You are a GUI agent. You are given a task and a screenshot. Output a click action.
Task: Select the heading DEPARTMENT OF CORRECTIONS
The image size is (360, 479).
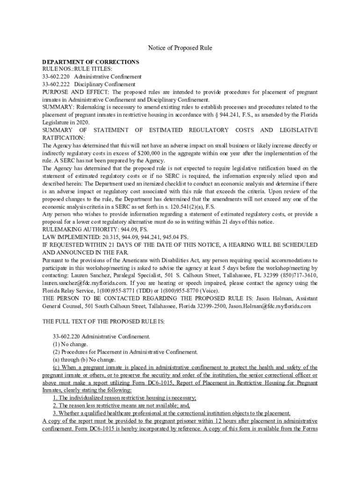pyautogui.click(x=91, y=62)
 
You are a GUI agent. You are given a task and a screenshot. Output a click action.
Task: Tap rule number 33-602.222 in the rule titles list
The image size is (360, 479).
pyautogui.click(x=56, y=84)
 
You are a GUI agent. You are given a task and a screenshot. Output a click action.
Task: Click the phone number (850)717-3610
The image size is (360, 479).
pyautogui.click(x=300, y=276)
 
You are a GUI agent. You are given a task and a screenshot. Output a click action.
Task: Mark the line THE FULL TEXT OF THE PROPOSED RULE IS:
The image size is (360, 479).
pyautogui.click(x=104, y=321)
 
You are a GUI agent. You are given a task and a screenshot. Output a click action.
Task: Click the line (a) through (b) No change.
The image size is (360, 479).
pyautogui.click(x=84, y=359)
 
